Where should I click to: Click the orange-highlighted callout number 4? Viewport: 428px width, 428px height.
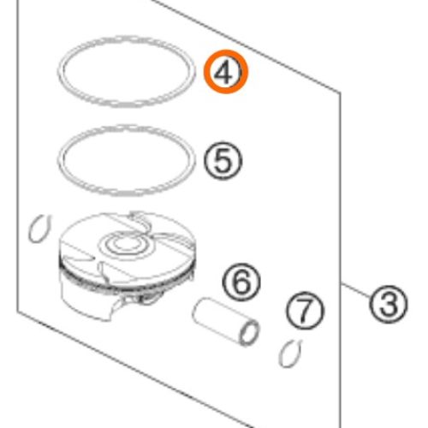[x=226, y=72]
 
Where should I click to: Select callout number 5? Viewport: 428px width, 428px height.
[x=223, y=161]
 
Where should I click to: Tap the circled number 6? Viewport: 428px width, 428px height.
[x=241, y=282]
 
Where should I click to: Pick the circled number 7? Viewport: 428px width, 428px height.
[x=305, y=311]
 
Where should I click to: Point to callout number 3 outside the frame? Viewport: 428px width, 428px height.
[x=389, y=304]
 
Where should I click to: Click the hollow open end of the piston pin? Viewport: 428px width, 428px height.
[x=249, y=333]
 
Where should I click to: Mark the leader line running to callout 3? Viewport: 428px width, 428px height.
[x=356, y=291]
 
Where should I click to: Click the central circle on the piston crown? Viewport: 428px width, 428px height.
[x=126, y=243]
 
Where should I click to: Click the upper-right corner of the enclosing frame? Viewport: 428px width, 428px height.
[x=340, y=93]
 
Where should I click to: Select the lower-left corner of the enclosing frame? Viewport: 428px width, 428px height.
[x=18, y=312]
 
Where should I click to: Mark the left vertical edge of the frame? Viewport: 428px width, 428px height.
[x=18, y=156]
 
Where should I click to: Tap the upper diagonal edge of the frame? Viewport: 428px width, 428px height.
[x=246, y=46]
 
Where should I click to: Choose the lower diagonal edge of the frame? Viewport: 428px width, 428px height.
[x=135, y=370]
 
